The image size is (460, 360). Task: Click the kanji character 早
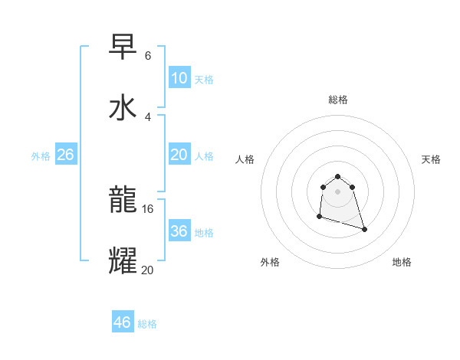[123, 47]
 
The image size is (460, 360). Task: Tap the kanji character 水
[123, 107]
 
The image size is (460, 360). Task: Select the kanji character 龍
[123, 201]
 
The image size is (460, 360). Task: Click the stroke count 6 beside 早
[148, 56]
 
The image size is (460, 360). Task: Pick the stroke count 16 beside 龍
[148, 208]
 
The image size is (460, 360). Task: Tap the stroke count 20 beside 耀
[148, 269]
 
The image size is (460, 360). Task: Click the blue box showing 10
[179, 78]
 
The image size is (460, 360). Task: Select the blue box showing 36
[179, 231]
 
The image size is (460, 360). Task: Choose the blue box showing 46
[123, 322]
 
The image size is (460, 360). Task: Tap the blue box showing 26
[66, 155]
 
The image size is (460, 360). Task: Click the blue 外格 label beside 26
[41, 155]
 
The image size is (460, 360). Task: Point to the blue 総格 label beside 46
[147, 324]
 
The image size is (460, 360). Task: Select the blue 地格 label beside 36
[204, 232]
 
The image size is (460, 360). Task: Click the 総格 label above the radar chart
[338, 100]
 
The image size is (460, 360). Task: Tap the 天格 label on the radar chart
[431, 159]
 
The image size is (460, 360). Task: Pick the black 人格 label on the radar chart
[245, 159]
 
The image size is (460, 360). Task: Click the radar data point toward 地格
[364, 229]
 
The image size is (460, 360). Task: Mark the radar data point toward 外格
[319, 217]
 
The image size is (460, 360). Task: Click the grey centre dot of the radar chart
[338, 191]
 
